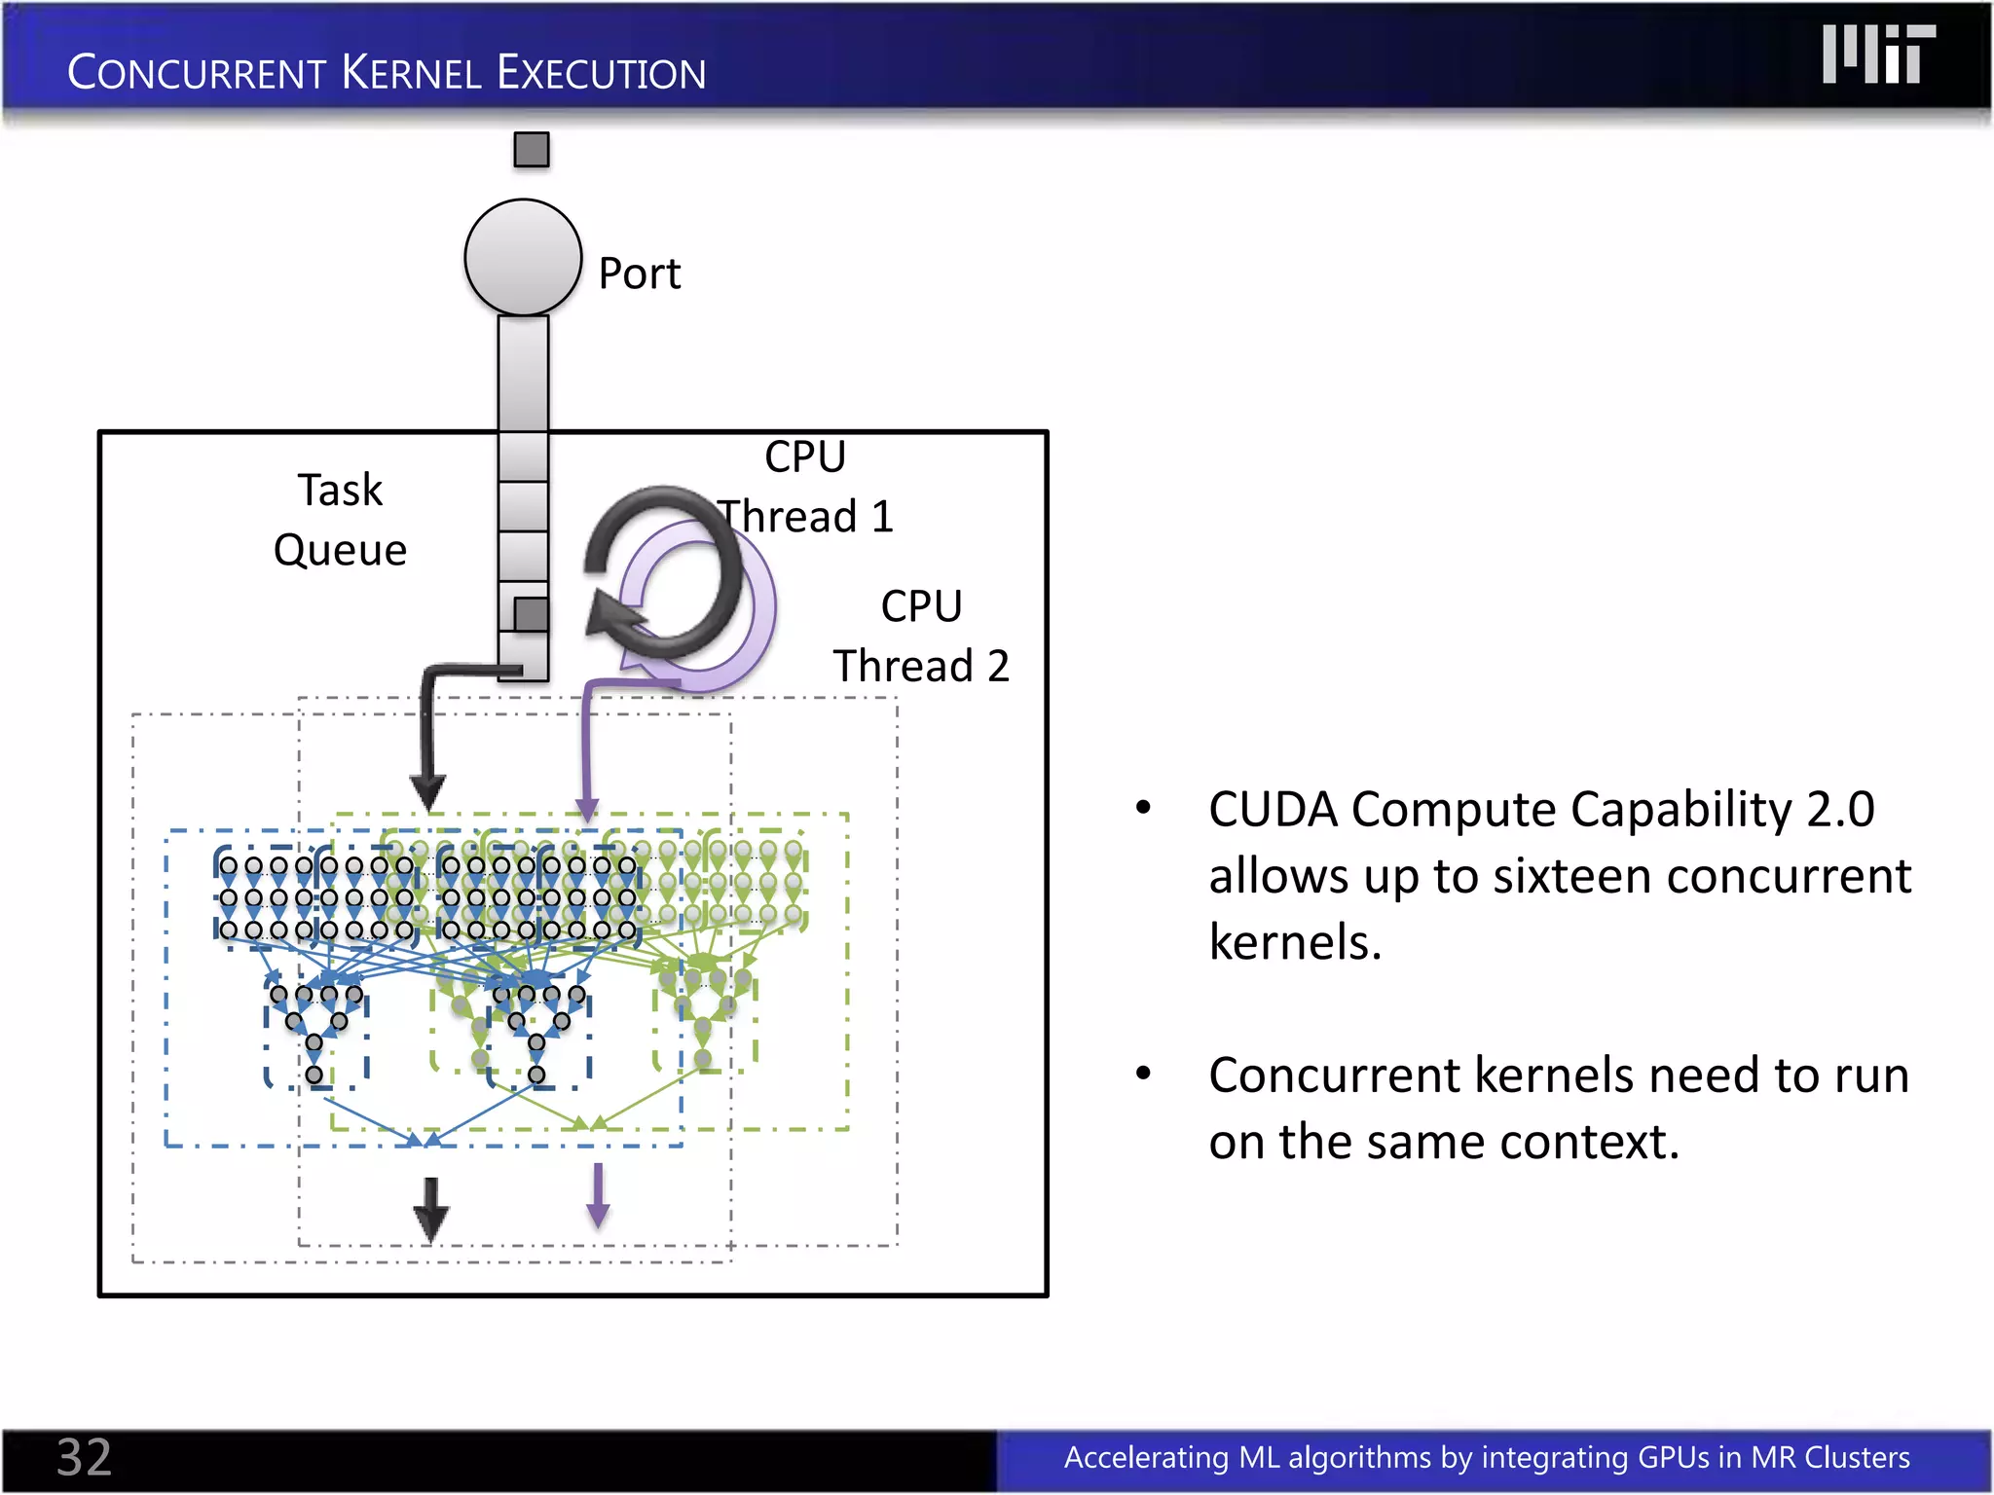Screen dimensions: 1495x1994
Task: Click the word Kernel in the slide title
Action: click(x=411, y=73)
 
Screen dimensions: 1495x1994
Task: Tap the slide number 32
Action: click(x=84, y=1457)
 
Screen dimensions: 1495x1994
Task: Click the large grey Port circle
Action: click(x=523, y=258)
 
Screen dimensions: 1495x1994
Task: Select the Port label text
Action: click(x=639, y=273)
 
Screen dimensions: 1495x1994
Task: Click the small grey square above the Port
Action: click(x=532, y=150)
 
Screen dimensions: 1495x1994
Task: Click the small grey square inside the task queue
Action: click(x=531, y=614)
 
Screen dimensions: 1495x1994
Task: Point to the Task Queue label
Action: click(x=340, y=520)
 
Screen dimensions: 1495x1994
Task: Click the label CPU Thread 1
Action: click(x=805, y=487)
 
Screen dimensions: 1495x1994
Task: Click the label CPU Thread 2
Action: click(x=921, y=637)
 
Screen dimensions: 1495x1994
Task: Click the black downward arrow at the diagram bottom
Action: click(x=430, y=1210)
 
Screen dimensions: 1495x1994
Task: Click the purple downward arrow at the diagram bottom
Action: click(x=598, y=1196)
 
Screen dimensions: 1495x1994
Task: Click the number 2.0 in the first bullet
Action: click(x=1840, y=810)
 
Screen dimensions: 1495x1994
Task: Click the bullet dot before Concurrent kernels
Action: click(x=1144, y=1074)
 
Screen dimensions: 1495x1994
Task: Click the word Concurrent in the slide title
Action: click(x=196, y=73)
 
